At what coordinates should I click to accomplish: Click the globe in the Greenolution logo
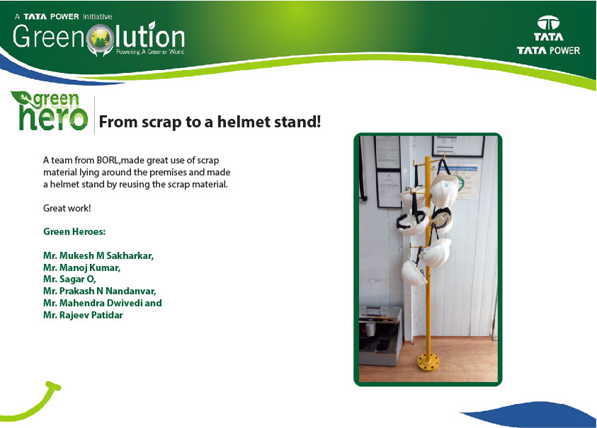101,37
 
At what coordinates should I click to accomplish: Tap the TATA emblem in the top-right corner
548,23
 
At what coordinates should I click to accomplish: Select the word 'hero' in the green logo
53,117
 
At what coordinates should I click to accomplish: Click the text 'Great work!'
67,208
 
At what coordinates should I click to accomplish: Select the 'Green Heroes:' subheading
74,231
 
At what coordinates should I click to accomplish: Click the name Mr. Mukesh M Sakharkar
98,255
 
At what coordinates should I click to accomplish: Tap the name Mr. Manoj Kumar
82,267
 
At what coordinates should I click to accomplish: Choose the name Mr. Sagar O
69,279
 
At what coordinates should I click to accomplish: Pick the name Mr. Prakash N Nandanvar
100,291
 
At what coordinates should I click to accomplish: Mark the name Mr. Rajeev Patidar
83,315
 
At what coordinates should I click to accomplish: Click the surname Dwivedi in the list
124,303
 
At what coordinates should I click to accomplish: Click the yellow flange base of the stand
428,362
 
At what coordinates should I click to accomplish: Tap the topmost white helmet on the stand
444,190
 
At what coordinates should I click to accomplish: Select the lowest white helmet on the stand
414,272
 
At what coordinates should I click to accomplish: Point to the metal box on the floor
380,335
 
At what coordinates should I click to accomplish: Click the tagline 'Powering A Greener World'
150,52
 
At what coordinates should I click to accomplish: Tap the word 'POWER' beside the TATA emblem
564,51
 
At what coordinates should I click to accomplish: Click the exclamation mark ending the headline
319,122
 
